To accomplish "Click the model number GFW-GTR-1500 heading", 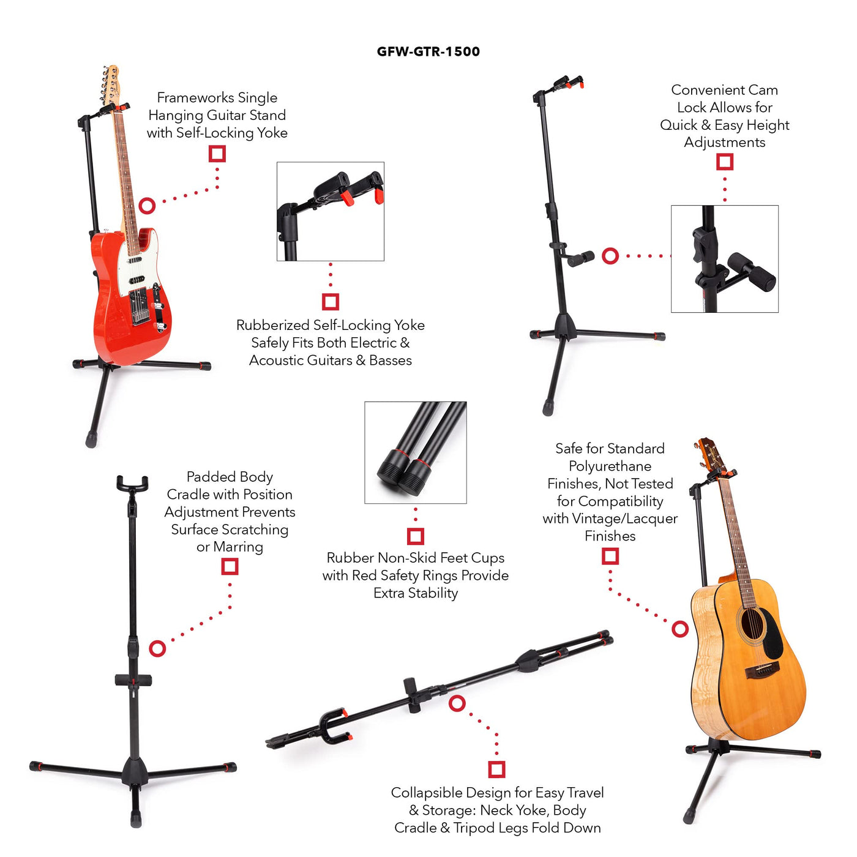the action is pyautogui.click(x=428, y=51).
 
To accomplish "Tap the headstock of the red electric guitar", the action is pyautogui.click(x=110, y=84).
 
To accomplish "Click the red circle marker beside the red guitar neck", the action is pyautogui.click(x=147, y=206).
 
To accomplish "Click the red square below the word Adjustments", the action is pyautogui.click(x=724, y=162).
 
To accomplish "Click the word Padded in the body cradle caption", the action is pyautogui.click(x=206, y=477).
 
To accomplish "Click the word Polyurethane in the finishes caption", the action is pyautogui.click(x=610, y=466).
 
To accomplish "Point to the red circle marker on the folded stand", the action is pyautogui.click(x=457, y=703).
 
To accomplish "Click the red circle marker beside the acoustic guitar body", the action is pyautogui.click(x=680, y=629).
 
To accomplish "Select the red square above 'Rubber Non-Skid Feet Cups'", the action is pyautogui.click(x=416, y=536).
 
